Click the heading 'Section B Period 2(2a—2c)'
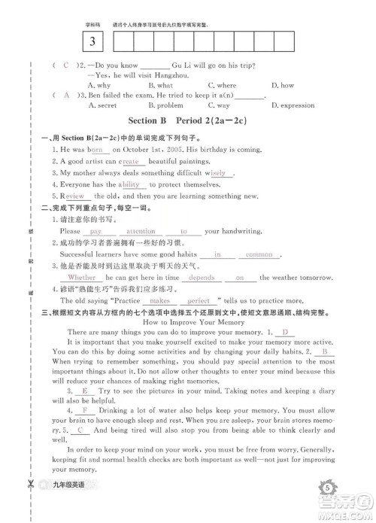click(188, 120)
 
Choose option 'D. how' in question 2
click(283, 86)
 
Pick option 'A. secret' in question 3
click(102, 105)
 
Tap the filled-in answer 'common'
click(259, 254)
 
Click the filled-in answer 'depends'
click(202, 277)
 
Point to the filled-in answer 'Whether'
click(82, 277)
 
